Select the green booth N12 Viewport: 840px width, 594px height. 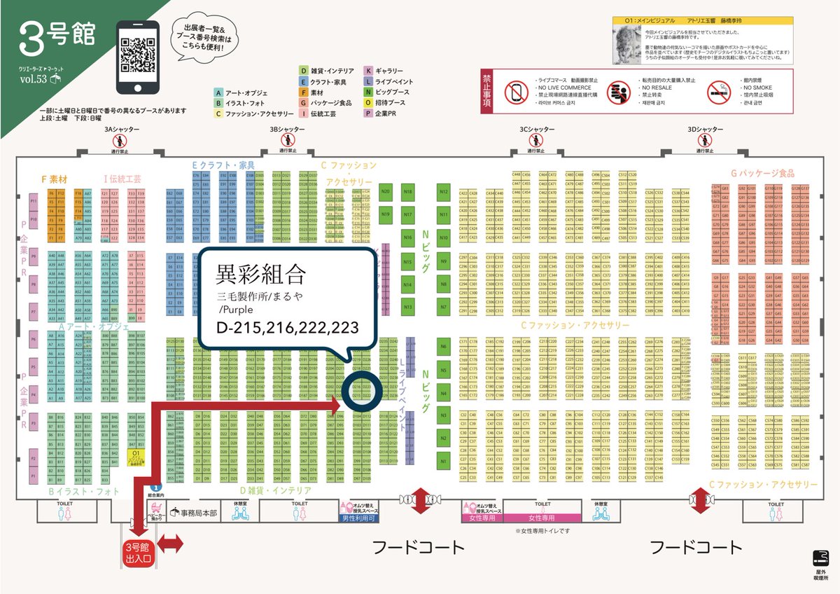[443, 191]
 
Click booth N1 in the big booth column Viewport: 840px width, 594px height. [443, 461]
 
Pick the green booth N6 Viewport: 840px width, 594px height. [443, 346]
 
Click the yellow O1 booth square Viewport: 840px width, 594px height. [137, 455]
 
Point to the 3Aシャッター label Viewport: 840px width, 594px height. [122, 130]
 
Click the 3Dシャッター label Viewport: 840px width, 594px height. [706, 130]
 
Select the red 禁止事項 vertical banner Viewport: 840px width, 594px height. [489, 92]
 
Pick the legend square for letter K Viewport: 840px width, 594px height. [368, 71]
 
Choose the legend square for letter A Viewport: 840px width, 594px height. [219, 92]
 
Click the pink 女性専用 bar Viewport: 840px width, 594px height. [541, 518]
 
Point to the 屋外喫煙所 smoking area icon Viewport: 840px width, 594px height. [820, 558]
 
